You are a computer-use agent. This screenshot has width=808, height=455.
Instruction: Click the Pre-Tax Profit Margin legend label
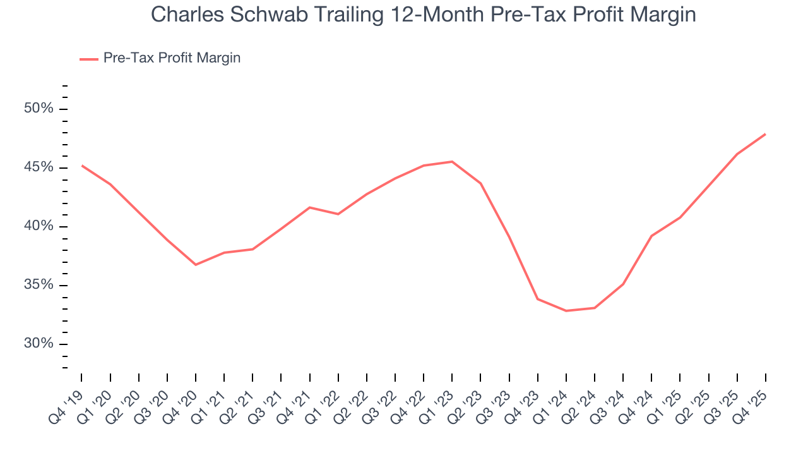172,58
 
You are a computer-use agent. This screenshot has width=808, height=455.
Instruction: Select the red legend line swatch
89,59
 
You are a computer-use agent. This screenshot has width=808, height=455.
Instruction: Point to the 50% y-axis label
39,109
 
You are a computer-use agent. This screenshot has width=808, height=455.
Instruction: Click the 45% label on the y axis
39,167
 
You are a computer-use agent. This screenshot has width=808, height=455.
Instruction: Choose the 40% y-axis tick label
39,226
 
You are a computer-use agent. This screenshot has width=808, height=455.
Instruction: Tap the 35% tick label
39,285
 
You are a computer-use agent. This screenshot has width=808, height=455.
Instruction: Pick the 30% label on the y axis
39,344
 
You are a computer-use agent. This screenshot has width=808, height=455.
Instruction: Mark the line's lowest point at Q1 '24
566,311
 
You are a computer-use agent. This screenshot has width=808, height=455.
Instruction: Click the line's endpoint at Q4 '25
765,134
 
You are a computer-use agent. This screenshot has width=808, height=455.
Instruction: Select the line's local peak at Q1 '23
452,161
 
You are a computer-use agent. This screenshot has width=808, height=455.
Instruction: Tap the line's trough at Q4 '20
196,265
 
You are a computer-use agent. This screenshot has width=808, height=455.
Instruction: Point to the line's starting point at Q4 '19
82,166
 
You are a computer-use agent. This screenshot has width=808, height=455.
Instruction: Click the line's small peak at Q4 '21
310,207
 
